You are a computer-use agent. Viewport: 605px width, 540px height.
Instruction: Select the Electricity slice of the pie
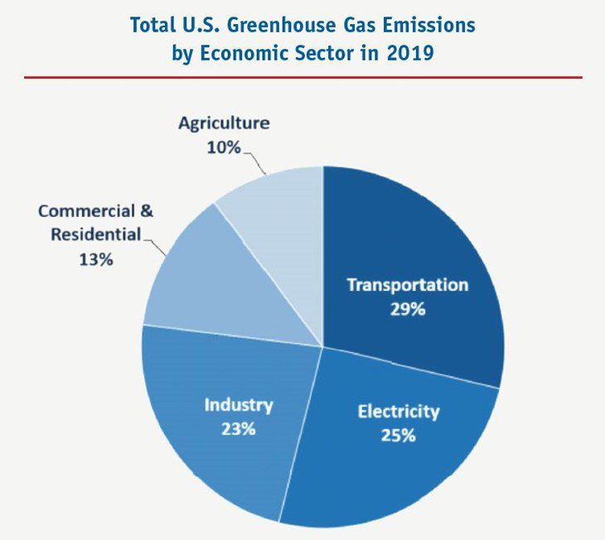click(390, 464)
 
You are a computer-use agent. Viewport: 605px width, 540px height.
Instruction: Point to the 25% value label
click(398, 434)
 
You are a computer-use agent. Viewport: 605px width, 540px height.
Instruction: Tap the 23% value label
click(238, 429)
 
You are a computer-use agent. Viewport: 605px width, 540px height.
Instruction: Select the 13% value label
click(96, 258)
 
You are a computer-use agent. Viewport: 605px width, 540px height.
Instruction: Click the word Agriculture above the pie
click(224, 123)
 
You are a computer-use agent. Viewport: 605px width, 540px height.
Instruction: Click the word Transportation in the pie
click(407, 285)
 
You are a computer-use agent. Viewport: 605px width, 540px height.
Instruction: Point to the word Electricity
click(399, 411)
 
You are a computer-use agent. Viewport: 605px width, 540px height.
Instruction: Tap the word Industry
click(239, 405)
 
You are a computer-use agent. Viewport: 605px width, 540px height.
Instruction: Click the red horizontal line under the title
click(302, 77)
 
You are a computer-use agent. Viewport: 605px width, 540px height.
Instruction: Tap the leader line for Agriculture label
click(258, 163)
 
